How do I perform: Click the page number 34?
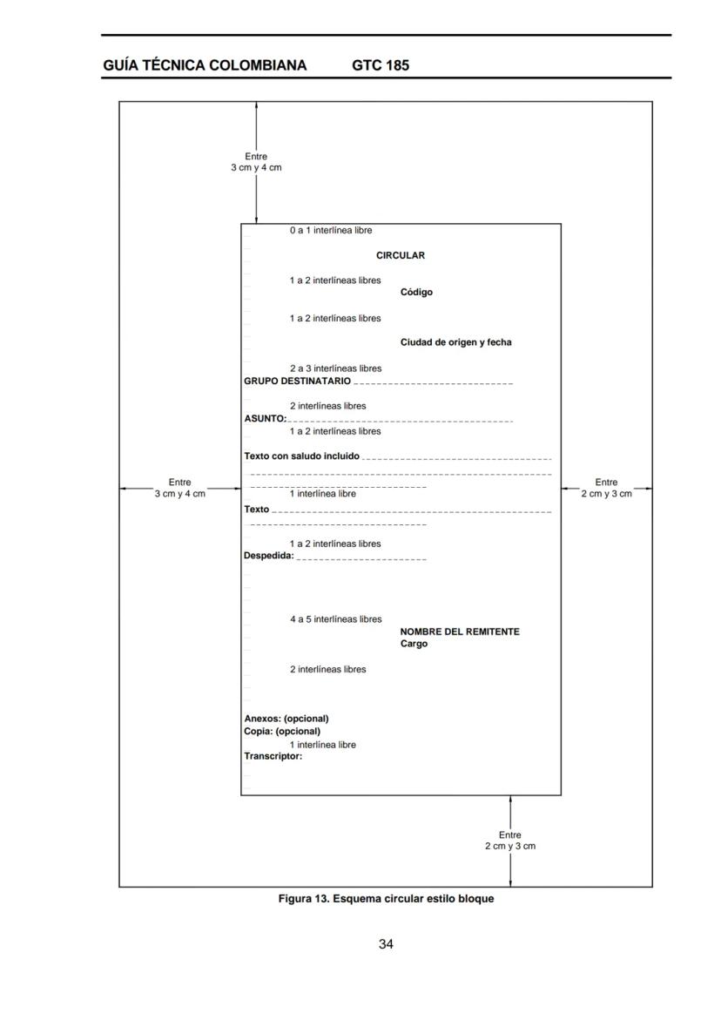(x=386, y=944)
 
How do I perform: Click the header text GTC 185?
(x=381, y=65)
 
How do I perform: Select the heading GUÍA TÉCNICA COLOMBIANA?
(x=205, y=65)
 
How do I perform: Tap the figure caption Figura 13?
(x=386, y=898)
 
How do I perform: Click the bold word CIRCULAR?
(x=401, y=255)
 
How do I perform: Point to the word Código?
(x=416, y=293)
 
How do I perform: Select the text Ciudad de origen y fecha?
(x=455, y=342)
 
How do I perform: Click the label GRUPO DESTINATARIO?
(x=297, y=381)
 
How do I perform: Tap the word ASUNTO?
(x=265, y=419)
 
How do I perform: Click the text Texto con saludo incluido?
(x=301, y=456)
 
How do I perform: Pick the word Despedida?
(x=269, y=556)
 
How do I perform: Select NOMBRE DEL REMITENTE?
(x=460, y=632)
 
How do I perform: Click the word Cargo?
(x=414, y=644)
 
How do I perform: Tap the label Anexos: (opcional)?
(x=286, y=719)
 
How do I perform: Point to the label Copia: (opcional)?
(x=282, y=731)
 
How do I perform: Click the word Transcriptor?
(x=273, y=756)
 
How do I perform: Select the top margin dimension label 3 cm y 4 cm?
(x=256, y=167)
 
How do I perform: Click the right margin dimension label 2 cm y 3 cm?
(x=606, y=494)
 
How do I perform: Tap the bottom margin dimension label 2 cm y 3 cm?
(x=510, y=846)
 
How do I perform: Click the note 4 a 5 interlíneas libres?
(x=336, y=619)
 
